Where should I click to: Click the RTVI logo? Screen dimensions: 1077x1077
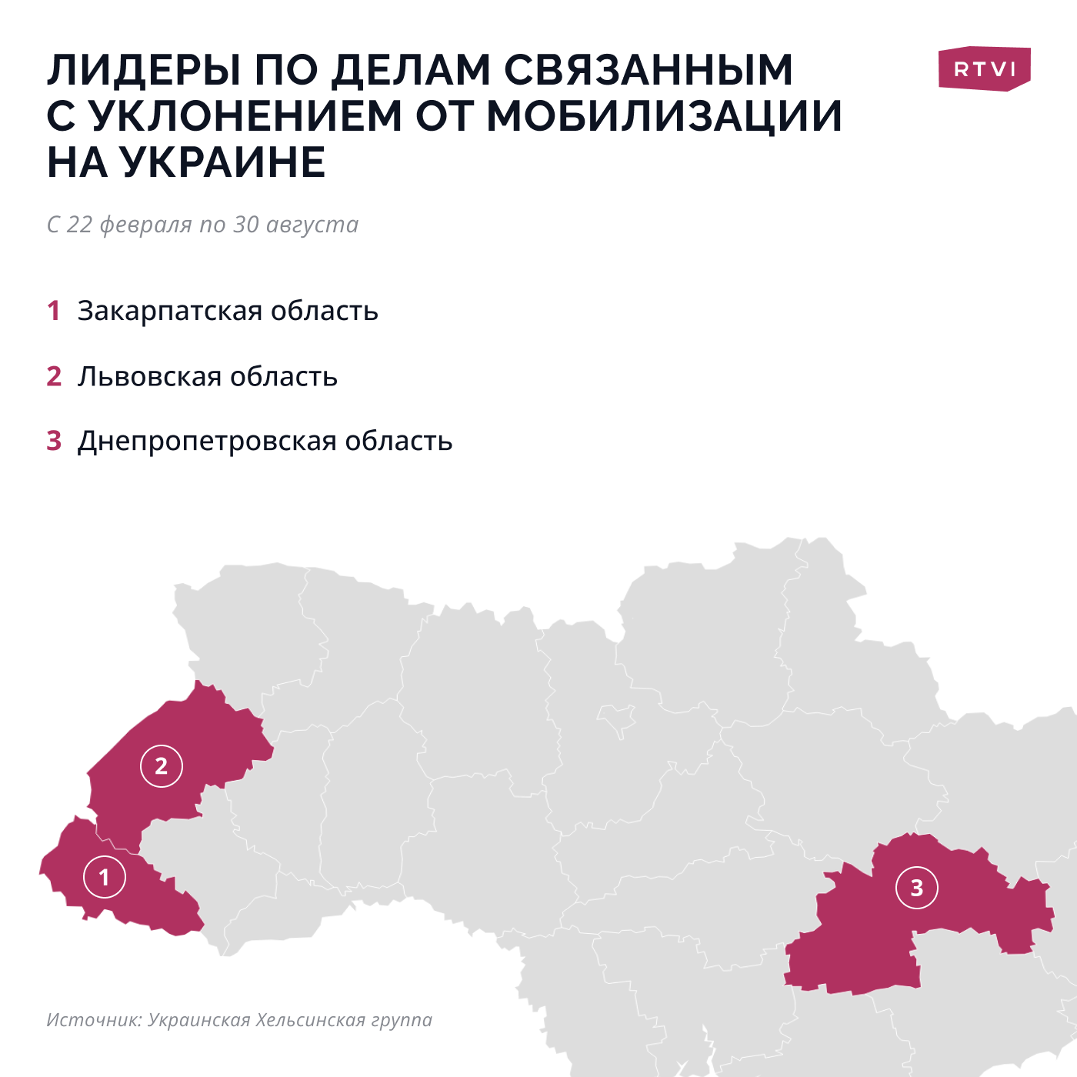[984, 69]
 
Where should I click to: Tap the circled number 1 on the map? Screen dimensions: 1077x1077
[105, 876]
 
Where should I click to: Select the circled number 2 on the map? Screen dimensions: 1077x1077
[162, 765]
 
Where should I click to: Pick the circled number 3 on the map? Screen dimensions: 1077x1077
[916, 888]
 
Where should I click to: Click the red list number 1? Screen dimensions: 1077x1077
[54, 311]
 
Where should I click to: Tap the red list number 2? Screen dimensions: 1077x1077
[54, 376]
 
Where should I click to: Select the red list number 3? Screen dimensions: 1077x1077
[54, 441]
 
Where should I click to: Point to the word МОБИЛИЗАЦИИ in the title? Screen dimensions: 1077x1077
[664, 116]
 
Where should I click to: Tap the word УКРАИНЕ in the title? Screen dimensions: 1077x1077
[223, 162]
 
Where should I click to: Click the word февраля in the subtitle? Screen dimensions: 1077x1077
[146, 225]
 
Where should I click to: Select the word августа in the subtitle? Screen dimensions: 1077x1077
[312, 225]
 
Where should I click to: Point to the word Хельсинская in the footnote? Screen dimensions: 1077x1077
[310, 1020]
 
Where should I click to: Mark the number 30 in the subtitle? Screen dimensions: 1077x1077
[246, 225]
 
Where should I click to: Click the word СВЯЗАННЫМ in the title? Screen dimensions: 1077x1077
[649, 70]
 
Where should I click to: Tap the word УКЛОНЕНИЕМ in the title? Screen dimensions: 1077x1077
[245, 116]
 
